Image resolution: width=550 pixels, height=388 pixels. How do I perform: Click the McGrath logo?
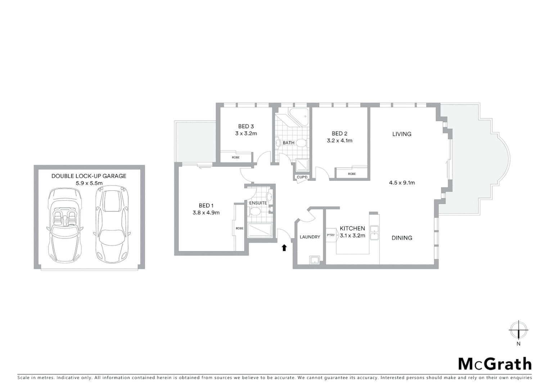(495, 364)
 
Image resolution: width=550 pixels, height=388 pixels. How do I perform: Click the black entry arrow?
(284, 248)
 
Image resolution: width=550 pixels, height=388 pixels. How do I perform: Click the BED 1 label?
(206, 205)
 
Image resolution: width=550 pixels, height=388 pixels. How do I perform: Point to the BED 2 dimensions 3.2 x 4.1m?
(339, 141)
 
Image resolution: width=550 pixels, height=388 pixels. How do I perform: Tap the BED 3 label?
(246, 126)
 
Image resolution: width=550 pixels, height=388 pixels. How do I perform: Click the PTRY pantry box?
(331, 235)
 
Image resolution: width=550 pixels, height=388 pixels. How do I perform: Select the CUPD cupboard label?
(302, 177)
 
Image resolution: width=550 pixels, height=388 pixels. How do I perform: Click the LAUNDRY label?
(310, 237)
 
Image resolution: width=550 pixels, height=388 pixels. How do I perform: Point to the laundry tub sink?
(315, 260)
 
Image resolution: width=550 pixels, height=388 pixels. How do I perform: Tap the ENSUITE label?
(258, 203)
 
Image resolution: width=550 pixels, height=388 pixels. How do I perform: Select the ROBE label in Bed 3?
(235, 157)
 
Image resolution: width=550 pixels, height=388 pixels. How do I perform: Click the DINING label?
(402, 238)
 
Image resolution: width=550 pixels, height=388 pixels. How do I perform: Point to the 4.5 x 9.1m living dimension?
(402, 183)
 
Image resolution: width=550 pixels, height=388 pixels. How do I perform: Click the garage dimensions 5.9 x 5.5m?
(89, 183)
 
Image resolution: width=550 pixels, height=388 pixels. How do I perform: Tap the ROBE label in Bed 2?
(352, 174)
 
